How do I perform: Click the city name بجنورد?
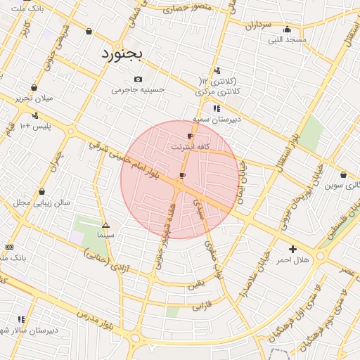(122, 53)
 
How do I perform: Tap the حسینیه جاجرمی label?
(138, 90)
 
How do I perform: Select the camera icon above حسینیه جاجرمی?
(138, 79)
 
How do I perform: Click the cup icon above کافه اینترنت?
(189, 136)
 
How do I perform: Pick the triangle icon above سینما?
(105, 226)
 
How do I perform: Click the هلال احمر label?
(292, 260)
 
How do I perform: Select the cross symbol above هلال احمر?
(292, 249)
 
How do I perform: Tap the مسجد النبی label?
(287, 39)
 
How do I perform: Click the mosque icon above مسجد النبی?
(287, 30)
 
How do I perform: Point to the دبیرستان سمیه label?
(217, 120)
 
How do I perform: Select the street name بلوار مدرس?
(87, 309)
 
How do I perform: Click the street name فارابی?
(201, 306)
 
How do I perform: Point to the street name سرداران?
(258, 25)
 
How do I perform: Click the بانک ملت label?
(29, 8)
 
